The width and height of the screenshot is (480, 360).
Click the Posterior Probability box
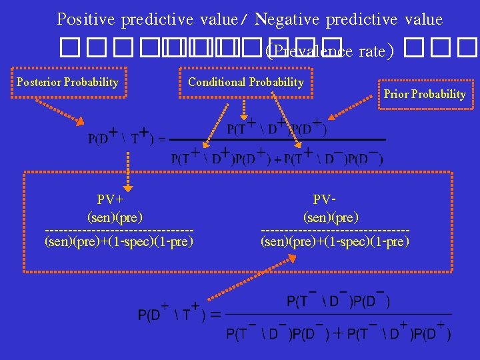click(67, 83)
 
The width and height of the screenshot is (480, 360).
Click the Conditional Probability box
click(245, 83)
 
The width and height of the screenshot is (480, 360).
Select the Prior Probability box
click(425, 94)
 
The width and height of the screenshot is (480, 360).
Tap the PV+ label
click(111, 199)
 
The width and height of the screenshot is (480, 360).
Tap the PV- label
click(324, 199)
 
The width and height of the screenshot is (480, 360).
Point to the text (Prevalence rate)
click(329, 50)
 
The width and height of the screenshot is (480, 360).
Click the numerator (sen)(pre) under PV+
click(115, 217)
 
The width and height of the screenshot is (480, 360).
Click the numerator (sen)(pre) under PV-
click(331, 217)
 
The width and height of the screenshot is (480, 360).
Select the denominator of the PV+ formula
click(119, 241)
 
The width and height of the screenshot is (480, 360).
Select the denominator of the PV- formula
click(335, 241)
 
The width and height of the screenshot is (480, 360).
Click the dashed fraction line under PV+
click(119, 230)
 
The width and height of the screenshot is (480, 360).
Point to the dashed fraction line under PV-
click(335, 230)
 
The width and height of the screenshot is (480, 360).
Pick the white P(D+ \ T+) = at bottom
click(179, 314)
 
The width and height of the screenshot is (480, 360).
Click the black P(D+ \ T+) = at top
click(127, 138)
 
